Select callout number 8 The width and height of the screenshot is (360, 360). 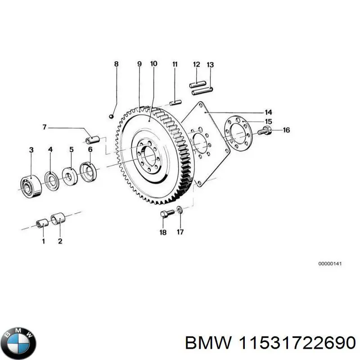116,64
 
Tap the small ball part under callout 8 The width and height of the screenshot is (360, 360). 111,117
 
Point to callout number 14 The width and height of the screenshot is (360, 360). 268,112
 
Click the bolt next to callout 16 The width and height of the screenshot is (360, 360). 264,132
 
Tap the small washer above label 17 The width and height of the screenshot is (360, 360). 180,209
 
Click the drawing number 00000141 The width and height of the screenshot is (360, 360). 330,264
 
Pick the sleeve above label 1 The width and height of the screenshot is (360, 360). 42,222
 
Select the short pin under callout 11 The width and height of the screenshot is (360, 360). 175,101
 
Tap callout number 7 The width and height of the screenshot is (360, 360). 45,127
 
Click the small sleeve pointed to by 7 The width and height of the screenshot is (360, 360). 92,139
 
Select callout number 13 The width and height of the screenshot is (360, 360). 210,65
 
